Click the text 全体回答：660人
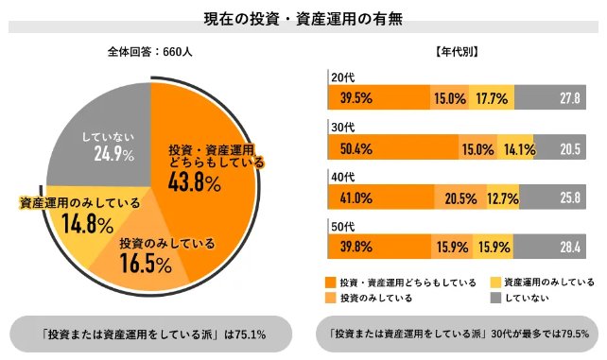point(150,54)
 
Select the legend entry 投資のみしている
point(369,299)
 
